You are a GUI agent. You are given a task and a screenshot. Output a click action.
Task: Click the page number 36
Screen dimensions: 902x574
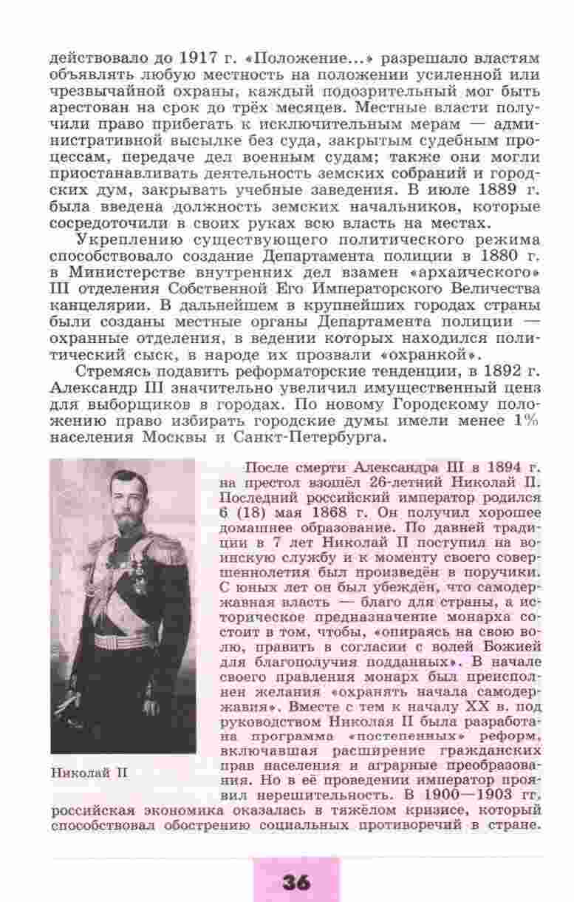(x=295, y=881)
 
